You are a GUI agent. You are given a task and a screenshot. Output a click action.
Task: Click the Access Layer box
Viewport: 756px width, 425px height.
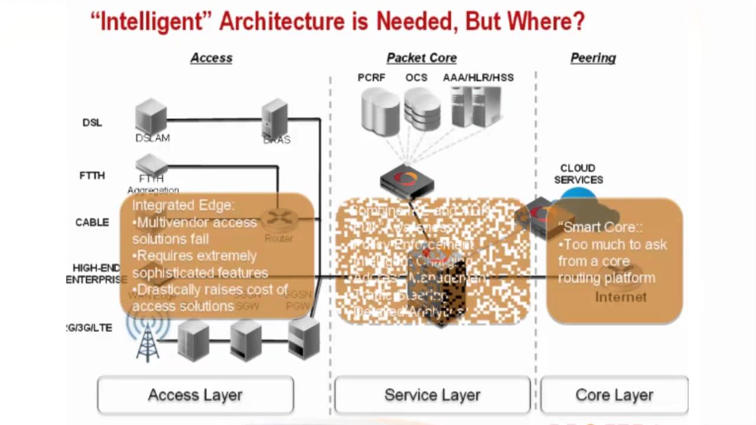click(x=195, y=395)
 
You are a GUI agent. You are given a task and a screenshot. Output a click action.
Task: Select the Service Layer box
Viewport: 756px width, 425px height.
click(x=432, y=395)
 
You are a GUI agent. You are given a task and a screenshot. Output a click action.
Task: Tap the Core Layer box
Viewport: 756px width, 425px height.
click(x=614, y=395)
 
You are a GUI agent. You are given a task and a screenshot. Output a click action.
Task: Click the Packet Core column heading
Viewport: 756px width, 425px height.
click(x=421, y=58)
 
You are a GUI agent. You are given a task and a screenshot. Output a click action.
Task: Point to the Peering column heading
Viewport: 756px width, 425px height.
click(x=593, y=58)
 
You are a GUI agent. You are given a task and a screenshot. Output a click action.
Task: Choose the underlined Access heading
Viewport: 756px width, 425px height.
click(x=211, y=58)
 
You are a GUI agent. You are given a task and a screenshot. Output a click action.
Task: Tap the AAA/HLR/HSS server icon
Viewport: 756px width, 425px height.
click(x=476, y=107)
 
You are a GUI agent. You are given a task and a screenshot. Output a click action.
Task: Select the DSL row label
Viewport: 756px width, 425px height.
click(x=92, y=123)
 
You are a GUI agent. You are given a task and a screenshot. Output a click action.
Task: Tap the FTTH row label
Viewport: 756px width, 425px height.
click(x=92, y=175)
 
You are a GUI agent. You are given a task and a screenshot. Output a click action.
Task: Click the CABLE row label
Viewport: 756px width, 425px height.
click(x=92, y=223)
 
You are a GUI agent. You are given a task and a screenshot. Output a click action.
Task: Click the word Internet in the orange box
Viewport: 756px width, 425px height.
click(x=620, y=297)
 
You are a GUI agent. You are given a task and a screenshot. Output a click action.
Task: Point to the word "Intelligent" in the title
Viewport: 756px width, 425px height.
click(x=151, y=21)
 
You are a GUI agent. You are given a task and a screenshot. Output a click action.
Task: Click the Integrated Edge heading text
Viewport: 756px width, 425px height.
click(x=183, y=205)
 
